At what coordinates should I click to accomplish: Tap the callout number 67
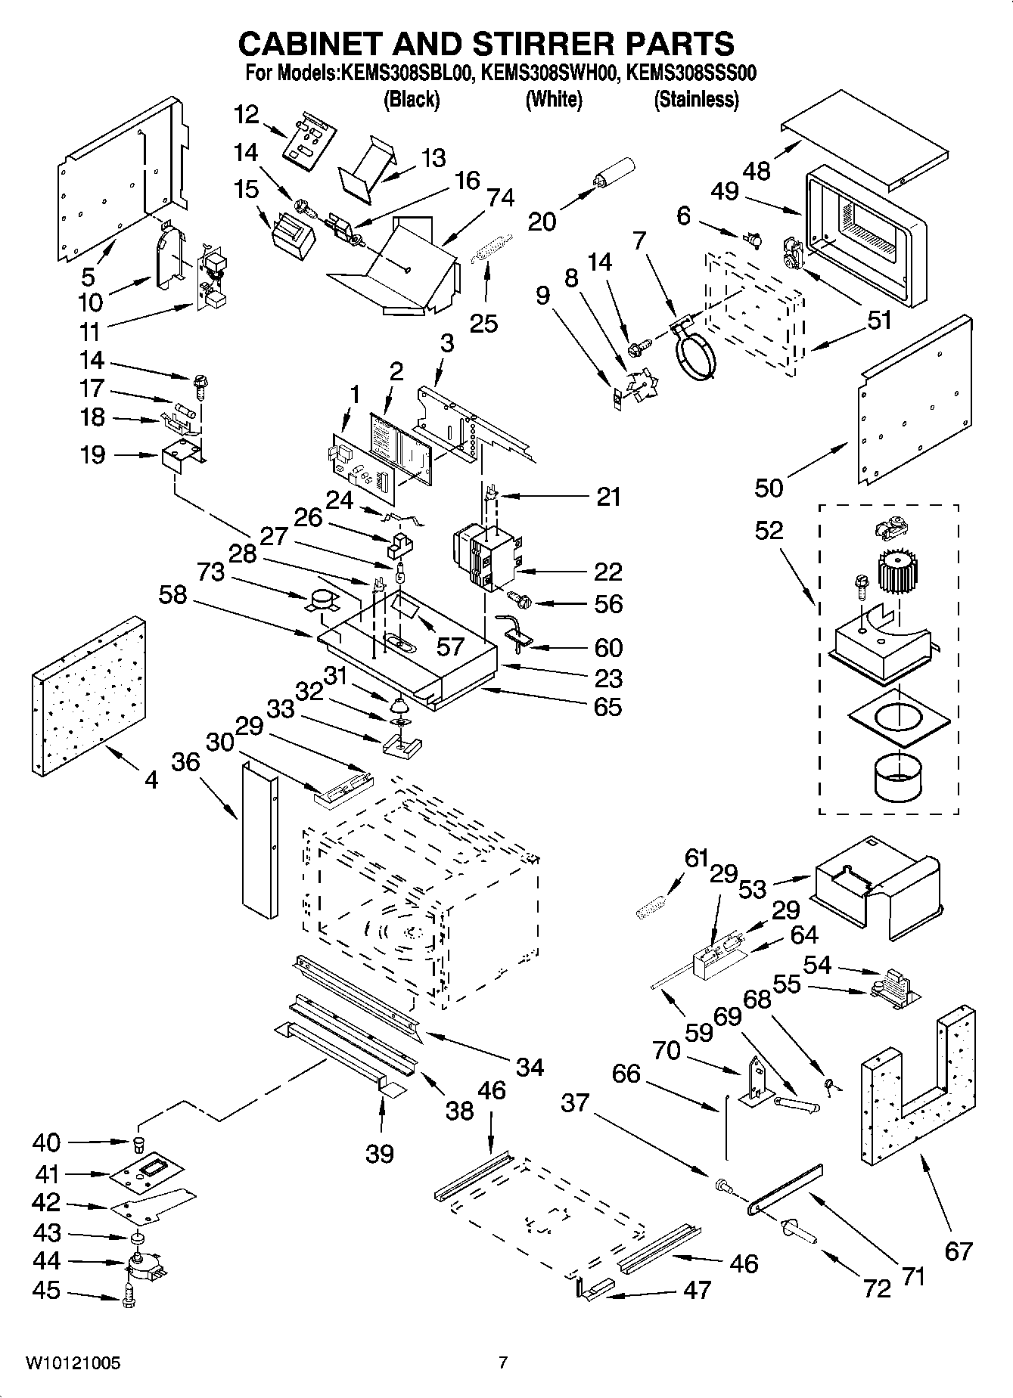[x=958, y=1251]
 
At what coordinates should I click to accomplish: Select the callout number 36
[x=185, y=761]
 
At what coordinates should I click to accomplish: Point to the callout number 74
[x=502, y=197]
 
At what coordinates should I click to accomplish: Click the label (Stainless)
[x=696, y=99]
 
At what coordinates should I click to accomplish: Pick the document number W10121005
[x=73, y=1363]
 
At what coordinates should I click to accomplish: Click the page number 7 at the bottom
[x=502, y=1363]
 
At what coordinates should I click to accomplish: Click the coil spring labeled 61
[x=651, y=905]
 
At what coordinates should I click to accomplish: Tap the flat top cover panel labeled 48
[x=864, y=135]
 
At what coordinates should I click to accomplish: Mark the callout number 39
[x=380, y=1154]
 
